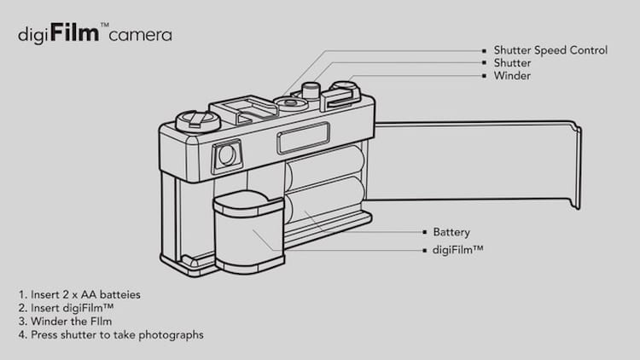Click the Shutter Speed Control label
click(550, 50)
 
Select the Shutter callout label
click(512, 63)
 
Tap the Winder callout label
click(511, 76)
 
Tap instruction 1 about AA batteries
click(80, 294)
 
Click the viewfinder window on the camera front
click(227, 155)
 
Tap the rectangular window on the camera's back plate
click(302, 136)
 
